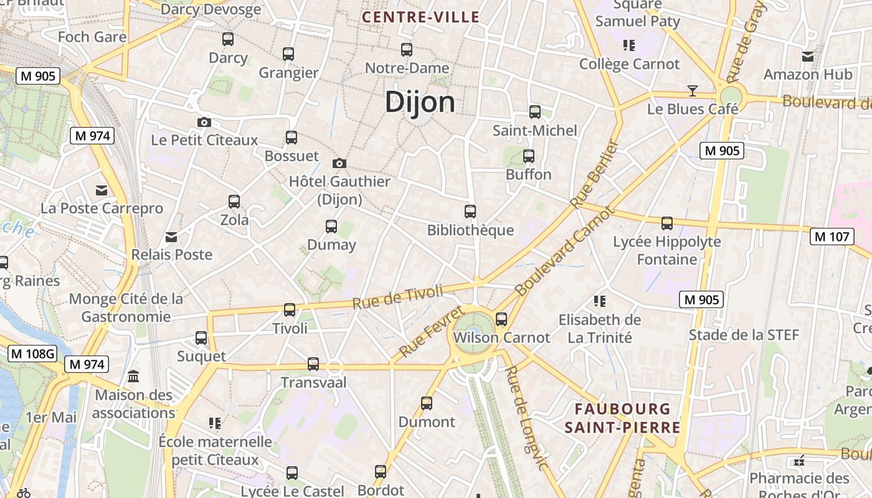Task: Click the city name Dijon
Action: click(x=420, y=101)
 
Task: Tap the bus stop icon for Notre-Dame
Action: click(x=407, y=49)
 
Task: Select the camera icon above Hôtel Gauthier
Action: click(x=339, y=163)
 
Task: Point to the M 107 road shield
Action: click(x=832, y=237)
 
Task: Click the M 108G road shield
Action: click(x=32, y=354)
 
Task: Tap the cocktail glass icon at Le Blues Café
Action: click(x=692, y=91)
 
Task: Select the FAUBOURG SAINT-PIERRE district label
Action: click(x=622, y=418)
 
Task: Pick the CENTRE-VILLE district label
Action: click(x=421, y=17)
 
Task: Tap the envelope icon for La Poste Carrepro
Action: click(x=101, y=190)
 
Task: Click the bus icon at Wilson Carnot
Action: click(x=501, y=319)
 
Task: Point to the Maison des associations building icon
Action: click(x=133, y=377)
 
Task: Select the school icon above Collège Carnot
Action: click(x=628, y=45)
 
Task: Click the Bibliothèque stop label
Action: click(x=470, y=230)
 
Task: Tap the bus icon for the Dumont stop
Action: click(x=427, y=403)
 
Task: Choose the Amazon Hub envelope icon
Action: click(x=808, y=57)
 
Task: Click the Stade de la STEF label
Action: click(x=744, y=335)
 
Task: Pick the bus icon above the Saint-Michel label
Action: click(x=535, y=112)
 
